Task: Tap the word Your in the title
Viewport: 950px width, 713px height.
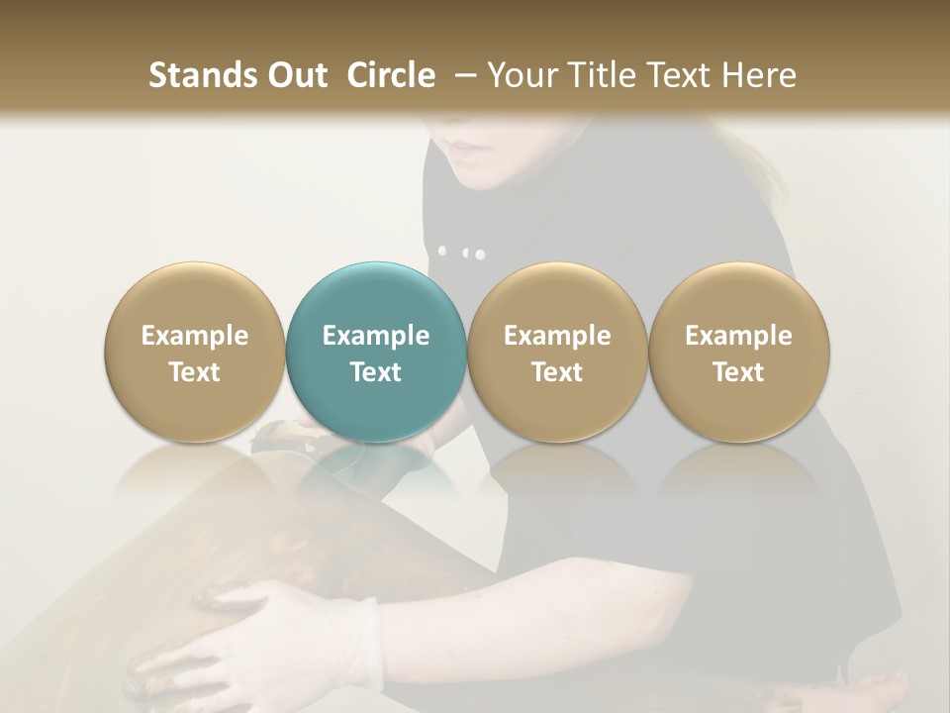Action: pyautogui.click(x=521, y=75)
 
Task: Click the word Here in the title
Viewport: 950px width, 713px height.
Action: pyautogui.click(x=759, y=75)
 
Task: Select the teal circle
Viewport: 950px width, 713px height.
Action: pyautogui.click(x=376, y=352)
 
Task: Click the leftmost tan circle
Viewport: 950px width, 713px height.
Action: pyautogui.click(x=195, y=352)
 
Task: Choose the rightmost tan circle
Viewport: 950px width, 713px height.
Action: pyautogui.click(x=738, y=352)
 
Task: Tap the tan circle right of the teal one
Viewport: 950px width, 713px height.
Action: pyautogui.click(x=557, y=352)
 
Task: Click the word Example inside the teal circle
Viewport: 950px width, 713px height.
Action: pyautogui.click(x=376, y=336)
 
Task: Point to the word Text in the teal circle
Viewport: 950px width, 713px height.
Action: pyautogui.click(x=376, y=372)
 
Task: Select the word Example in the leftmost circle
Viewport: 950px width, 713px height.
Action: pyautogui.click(x=195, y=336)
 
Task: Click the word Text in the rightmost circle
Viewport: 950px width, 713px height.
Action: pyautogui.click(x=738, y=372)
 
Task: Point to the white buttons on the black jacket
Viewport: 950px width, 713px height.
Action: pyautogui.click(x=462, y=253)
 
